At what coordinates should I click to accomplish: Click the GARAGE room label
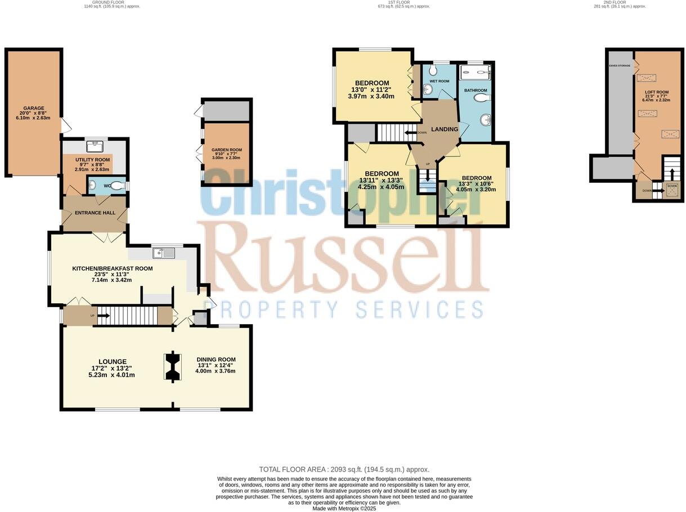(x=33, y=108)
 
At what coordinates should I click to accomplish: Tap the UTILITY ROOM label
(x=93, y=160)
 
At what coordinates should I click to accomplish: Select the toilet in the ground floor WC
(x=116, y=185)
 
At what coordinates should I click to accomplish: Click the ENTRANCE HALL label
(x=95, y=213)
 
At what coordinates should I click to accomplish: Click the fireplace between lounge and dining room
(x=172, y=367)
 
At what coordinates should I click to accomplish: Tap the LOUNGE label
(x=113, y=362)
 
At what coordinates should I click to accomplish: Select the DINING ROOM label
(x=216, y=360)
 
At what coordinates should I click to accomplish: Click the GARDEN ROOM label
(x=226, y=150)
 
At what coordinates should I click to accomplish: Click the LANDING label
(x=444, y=129)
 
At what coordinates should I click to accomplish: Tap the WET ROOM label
(x=440, y=81)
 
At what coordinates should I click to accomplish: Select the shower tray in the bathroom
(x=475, y=72)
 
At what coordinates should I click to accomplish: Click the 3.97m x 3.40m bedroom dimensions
(x=371, y=96)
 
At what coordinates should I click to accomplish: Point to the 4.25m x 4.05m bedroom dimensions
(x=381, y=187)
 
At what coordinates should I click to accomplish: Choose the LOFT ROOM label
(x=656, y=92)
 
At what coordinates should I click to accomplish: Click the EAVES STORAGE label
(x=619, y=66)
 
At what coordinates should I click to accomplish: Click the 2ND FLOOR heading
(x=620, y=2)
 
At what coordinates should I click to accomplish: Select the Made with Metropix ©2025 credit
(x=344, y=509)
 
